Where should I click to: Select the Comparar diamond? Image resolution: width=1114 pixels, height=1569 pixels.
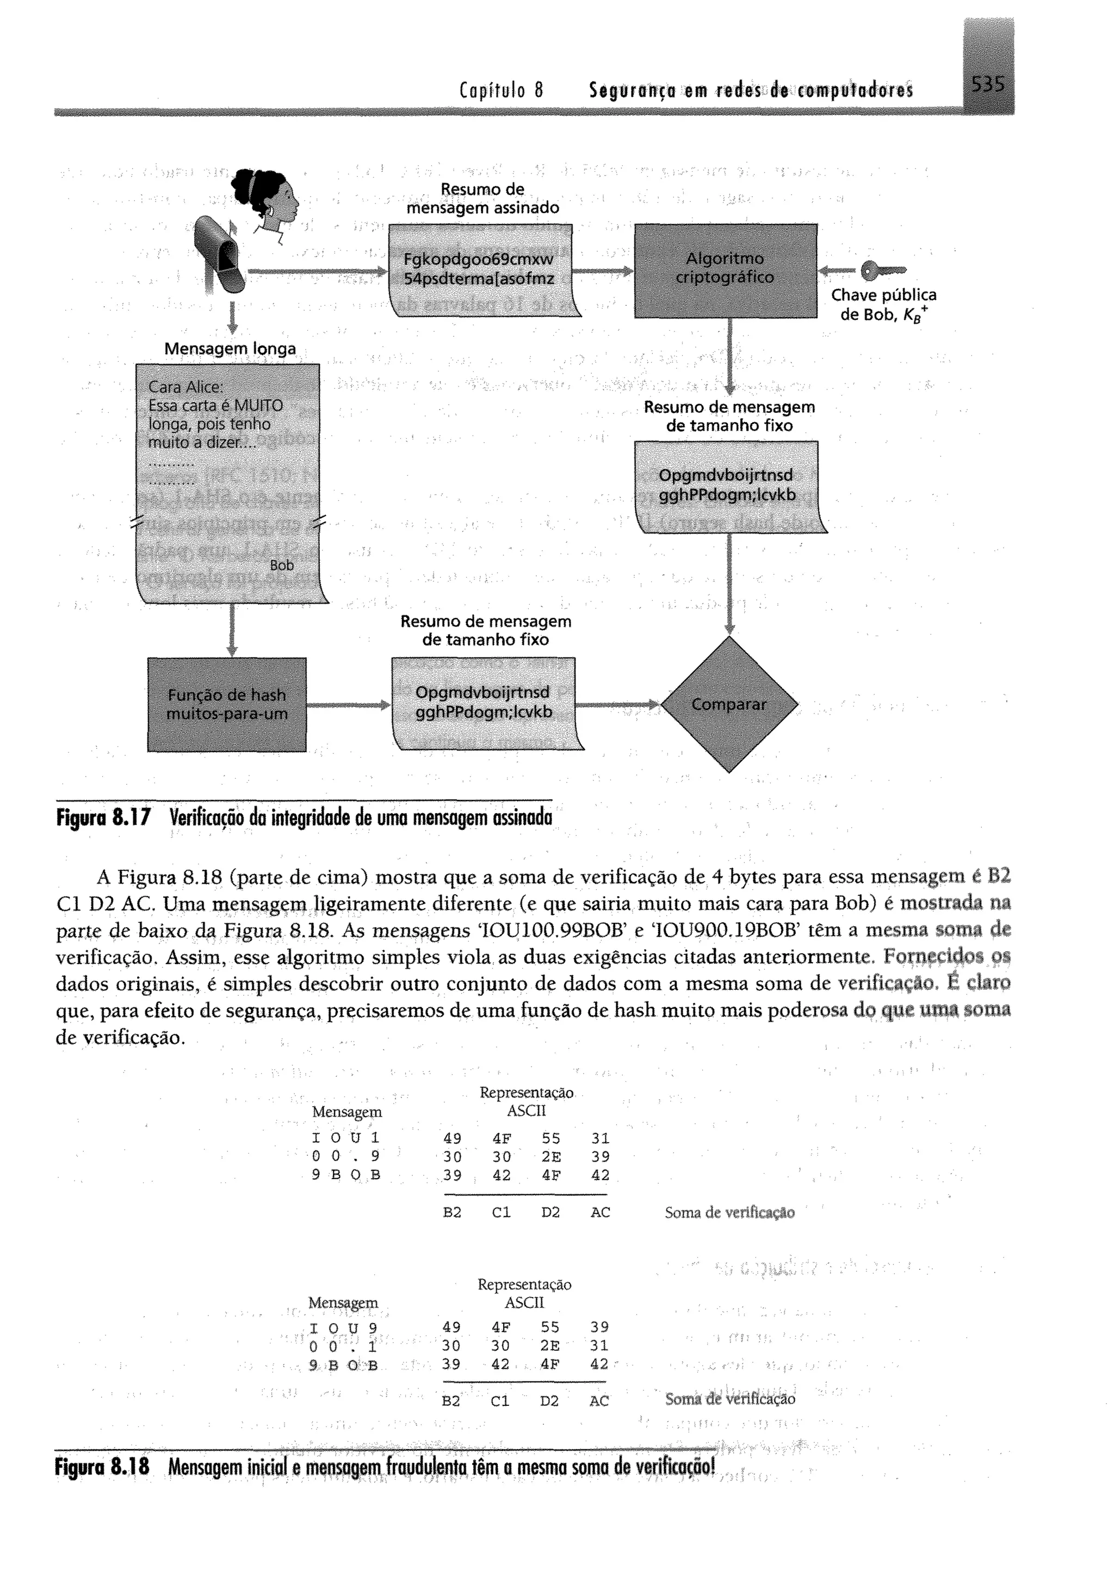(729, 704)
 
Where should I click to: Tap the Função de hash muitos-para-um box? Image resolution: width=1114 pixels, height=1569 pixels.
(226, 704)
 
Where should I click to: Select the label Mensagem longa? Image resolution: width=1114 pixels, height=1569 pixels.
(230, 349)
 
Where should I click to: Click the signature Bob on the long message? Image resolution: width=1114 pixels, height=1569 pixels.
(281, 565)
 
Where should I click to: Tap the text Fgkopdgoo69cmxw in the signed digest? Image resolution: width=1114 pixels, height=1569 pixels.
(478, 260)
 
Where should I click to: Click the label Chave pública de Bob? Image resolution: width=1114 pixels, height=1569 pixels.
(883, 305)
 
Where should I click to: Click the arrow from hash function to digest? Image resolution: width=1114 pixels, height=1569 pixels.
(348, 705)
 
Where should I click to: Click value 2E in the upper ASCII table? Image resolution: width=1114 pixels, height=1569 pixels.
(551, 1156)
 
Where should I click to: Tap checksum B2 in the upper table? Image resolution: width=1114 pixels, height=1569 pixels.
(452, 1212)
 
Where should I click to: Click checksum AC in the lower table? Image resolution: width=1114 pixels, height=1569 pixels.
(598, 1400)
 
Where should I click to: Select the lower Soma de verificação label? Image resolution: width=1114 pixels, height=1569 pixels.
(730, 1399)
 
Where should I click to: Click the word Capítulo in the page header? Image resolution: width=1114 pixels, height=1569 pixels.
(492, 90)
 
